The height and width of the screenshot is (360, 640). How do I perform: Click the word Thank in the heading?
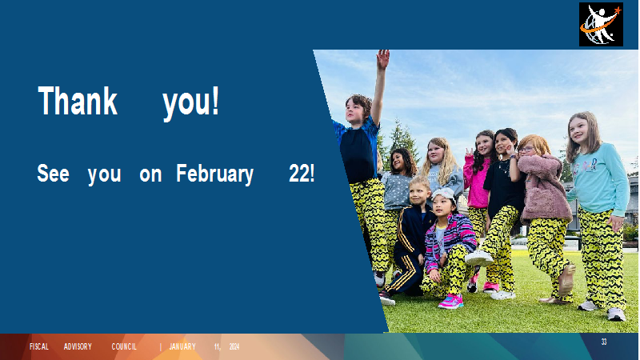[x=78, y=101]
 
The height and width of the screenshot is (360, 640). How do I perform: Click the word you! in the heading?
[x=191, y=103]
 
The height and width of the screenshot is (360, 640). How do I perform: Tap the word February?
[x=214, y=174]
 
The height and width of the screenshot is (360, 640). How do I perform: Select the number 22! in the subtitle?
[x=302, y=173]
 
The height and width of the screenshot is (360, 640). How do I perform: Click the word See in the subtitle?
[x=53, y=173]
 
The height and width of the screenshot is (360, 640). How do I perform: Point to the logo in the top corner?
[x=601, y=25]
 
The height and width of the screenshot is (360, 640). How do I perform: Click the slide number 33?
[x=604, y=342]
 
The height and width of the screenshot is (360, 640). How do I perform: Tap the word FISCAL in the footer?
[x=39, y=346]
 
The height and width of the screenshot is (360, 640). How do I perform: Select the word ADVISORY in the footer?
[x=78, y=346]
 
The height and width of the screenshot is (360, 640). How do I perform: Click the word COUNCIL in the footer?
[x=124, y=346]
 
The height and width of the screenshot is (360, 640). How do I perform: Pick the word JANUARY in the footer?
[x=182, y=346]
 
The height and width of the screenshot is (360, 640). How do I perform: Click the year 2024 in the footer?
[x=234, y=347]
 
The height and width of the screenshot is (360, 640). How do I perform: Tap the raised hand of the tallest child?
[x=383, y=58]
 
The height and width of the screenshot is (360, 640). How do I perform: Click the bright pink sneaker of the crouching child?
[x=450, y=302]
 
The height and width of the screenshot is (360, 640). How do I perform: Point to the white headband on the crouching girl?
[x=444, y=194]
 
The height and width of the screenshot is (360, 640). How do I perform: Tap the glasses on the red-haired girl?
[x=526, y=150]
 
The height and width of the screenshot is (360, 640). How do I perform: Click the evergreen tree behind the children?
[x=400, y=141]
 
